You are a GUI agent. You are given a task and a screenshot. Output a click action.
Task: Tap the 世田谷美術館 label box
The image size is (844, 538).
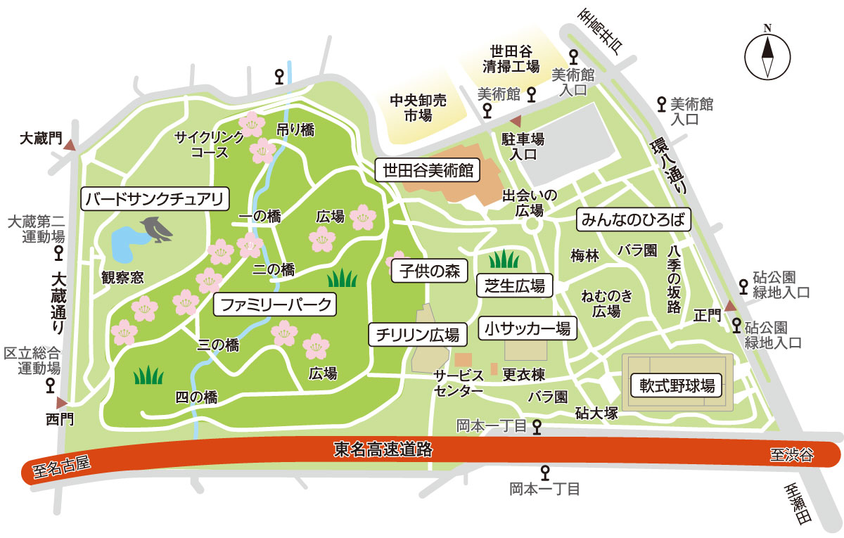(x=428, y=170)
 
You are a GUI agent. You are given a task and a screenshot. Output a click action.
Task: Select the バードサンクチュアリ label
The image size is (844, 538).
(x=155, y=199)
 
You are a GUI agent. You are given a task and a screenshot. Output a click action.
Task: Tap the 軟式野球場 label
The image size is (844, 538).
(x=677, y=385)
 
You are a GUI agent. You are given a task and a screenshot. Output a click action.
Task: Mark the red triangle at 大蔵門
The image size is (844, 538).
(x=70, y=144)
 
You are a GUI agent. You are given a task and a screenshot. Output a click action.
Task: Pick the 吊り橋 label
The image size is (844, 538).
(x=295, y=129)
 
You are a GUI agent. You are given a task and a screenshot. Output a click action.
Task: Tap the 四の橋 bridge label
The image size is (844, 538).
(x=196, y=397)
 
